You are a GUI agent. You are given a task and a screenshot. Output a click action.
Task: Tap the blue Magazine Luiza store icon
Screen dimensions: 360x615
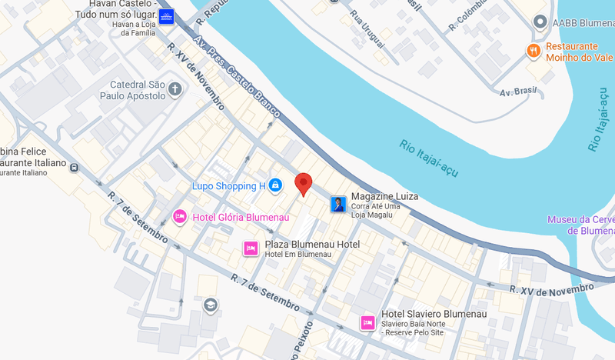click(x=337, y=204)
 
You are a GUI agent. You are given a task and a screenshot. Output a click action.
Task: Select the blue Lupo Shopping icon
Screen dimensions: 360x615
click(x=276, y=185)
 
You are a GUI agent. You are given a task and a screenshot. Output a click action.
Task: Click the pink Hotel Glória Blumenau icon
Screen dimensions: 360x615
click(x=180, y=217)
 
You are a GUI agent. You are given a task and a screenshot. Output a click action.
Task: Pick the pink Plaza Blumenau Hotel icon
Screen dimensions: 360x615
click(x=251, y=248)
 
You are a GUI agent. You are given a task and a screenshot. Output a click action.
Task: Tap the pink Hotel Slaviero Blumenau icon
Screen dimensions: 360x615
click(x=367, y=322)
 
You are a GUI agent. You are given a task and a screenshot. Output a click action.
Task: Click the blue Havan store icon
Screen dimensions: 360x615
click(x=167, y=16)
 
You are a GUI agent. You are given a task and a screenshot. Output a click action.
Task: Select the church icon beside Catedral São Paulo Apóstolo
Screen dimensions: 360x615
click(x=175, y=90)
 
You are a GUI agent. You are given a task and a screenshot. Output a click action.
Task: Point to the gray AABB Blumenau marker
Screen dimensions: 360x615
click(x=540, y=22)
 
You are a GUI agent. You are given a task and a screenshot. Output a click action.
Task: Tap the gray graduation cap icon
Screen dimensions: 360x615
click(x=210, y=305)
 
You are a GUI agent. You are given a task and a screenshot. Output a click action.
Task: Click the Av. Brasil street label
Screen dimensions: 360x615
click(x=517, y=92)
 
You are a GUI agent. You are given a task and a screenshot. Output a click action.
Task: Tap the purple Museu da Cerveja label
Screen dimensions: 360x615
click(x=581, y=225)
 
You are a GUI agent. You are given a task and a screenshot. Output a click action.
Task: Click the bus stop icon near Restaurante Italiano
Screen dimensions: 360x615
click(x=73, y=167)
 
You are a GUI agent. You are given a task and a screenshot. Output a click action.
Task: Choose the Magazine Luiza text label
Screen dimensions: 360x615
click(x=384, y=197)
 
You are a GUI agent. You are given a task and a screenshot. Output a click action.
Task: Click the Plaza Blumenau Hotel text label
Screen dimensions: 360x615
click(x=312, y=244)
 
